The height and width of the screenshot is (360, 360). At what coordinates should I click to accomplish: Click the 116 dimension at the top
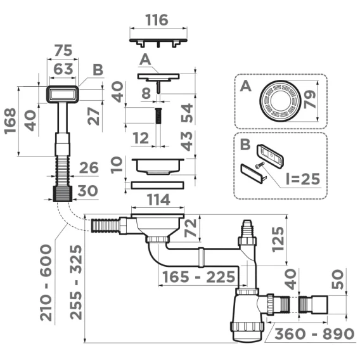(157, 20)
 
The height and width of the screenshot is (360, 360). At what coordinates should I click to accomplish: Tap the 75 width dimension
(63, 51)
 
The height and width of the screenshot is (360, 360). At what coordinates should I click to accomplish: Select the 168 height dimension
(11, 121)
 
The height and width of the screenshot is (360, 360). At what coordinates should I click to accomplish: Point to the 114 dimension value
(158, 200)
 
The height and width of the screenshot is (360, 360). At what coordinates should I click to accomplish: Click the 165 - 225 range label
(199, 277)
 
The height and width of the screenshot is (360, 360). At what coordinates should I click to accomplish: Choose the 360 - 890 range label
(314, 334)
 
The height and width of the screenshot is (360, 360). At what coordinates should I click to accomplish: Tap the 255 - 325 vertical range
(76, 283)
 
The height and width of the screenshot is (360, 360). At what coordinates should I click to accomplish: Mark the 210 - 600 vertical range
(46, 283)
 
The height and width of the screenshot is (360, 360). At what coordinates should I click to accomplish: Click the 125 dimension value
(278, 240)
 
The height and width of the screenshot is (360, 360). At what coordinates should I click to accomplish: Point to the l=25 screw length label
(303, 179)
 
